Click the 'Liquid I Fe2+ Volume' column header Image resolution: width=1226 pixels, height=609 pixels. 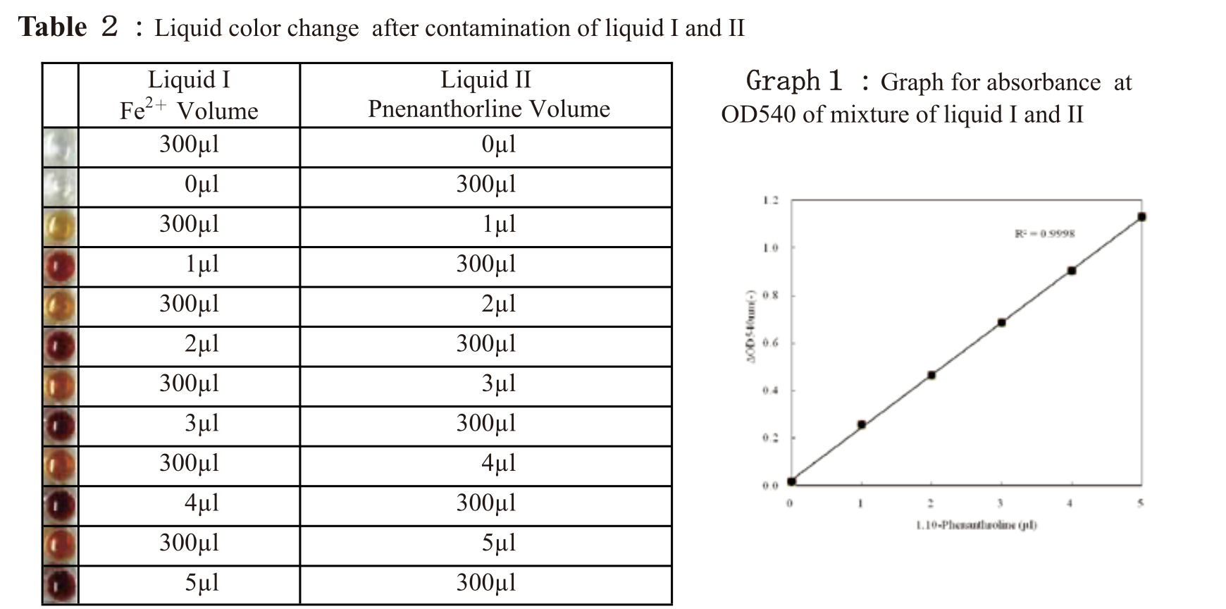pyautogui.click(x=189, y=95)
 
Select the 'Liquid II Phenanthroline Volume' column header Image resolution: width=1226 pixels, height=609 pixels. pyautogui.click(x=486, y=95)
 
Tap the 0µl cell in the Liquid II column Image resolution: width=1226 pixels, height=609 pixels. pyautogui.click(x=499, y=144)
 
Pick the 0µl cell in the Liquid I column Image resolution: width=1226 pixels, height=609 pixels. pyautogui.click(x=202, y=185)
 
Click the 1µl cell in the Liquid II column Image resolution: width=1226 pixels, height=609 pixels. pyautogui.click(x=499, y=224)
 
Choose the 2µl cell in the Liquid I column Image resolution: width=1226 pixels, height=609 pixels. pyautogui.click(x=202, y=344)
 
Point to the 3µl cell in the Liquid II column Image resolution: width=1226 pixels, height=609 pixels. pyautogui.click(x=499, y=383)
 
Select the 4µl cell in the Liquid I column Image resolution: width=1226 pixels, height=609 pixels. pyautogui.click(x=202, y=503)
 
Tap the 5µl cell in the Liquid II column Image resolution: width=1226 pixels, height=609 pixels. pyautogui.click(x=499, y=543)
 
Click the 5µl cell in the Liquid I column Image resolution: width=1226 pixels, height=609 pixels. pyautogui.click(x=202, y=583)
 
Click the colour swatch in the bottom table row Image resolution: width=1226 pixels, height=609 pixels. pyautogui.click(x=60, y=585)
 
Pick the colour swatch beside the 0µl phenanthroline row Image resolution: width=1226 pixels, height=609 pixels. pyautogui.click(x=60, y=147)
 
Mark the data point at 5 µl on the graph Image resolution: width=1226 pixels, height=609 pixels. pyautogui.click(x=1141, y=217)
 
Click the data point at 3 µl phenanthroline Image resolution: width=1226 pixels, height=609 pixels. pyautogui.click(x=1001, y=323)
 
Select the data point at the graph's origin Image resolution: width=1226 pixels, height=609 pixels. pyautogui.click(x=792, y=481)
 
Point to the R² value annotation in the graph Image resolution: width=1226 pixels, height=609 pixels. pyautogui.click(x=1044, y=234)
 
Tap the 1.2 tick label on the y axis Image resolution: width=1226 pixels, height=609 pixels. pyautogui.click(x=770, y=201)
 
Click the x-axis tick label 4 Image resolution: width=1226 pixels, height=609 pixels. pyautogui.click(x=1070, y=503)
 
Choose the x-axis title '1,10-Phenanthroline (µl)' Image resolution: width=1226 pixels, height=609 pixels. pyautogui.click(x=976, y=525)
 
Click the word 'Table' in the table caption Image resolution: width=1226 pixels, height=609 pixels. pyautogui.click(x=53, y=27)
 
